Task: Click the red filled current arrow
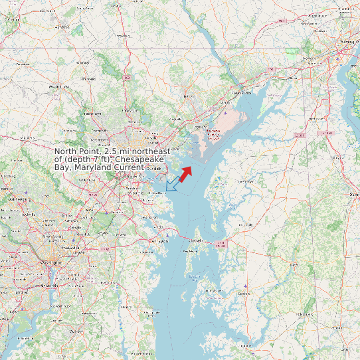[185, 172]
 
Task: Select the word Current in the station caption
[128, 167]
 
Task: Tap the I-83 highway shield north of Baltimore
[126, 78]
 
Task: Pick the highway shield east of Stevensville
[221, 244]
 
